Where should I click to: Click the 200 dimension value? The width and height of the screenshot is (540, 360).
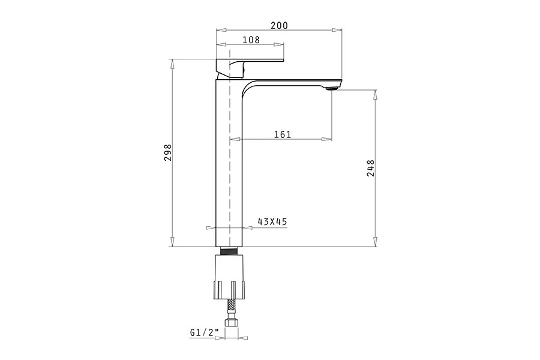click(279, 25)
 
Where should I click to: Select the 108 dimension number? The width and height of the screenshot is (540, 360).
click(251, 40)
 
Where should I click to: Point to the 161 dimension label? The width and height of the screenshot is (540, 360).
click(283, 134)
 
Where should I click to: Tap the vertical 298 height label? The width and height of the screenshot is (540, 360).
click(168, 152)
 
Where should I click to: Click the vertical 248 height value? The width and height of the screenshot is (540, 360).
click(371, 168)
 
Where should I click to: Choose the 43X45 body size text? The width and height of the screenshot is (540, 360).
click(272, 221)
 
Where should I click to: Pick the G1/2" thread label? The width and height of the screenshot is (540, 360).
click(204, 332)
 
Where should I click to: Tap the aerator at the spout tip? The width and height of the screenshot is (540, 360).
click(331, 89)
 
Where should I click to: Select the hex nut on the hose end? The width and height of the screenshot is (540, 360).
click(231, 322)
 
